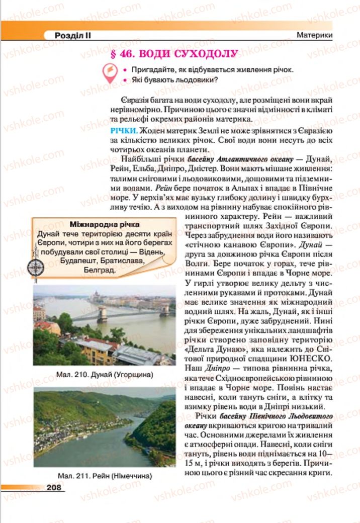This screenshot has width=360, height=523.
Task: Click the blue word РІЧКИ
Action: coord(121,131)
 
